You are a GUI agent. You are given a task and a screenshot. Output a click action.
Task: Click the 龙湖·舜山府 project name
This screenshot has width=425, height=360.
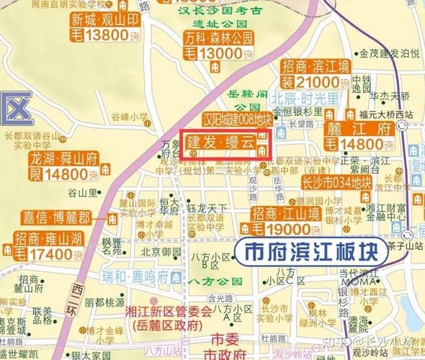(x=55, y=159)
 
